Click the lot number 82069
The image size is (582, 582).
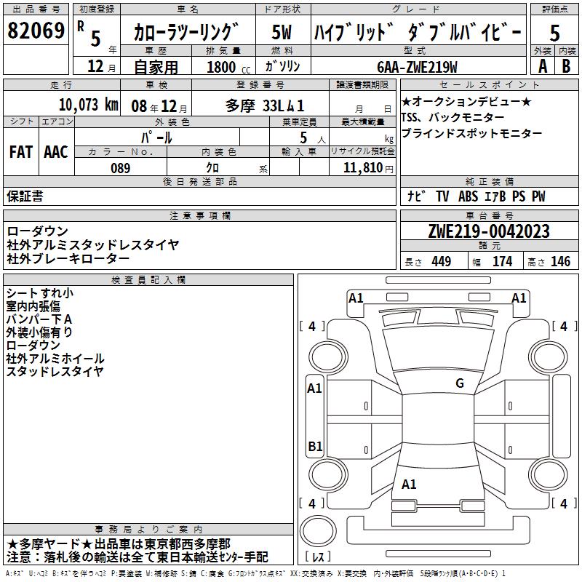click(x=36, y=31)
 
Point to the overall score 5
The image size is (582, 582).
click(x=554, y=33)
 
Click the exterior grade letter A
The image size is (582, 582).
click(x=541, y=65)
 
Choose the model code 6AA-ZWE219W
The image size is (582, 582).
click(x=417, y=67)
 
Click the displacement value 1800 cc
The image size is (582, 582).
click(x=228, y=67)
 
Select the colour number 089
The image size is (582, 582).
click(x=120, y=168)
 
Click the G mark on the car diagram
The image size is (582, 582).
click(x=460, y=383)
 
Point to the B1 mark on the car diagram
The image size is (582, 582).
click(x=315, y=446)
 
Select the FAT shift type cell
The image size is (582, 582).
click(x=21, y=152)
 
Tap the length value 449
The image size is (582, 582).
click(x=441, y=262)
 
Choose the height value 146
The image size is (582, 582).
click(x=560, y=262)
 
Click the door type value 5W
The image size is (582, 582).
click(x=282, y=33)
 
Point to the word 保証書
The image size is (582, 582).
click(x=25, y=196)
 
